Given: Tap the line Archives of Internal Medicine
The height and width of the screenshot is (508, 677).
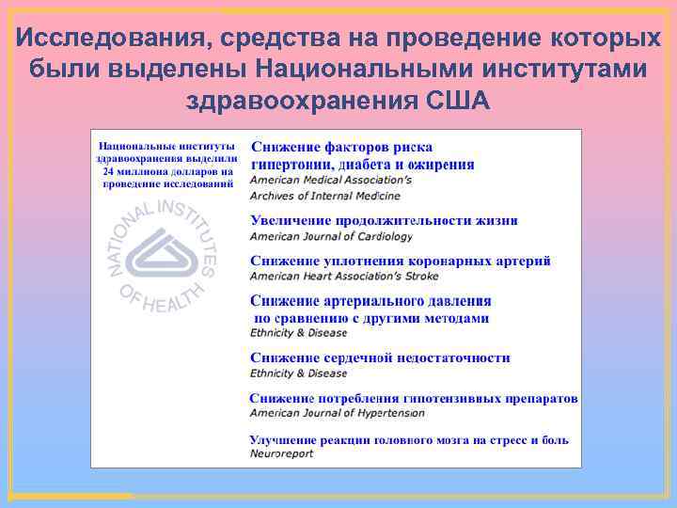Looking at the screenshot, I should pyautogui.click(x=324, y=196).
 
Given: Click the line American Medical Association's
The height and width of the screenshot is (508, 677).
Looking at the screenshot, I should pyautogui.click(x=330, y=180).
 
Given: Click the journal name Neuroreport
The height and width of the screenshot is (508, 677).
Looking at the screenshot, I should pyautogui.click(x=281, y=453).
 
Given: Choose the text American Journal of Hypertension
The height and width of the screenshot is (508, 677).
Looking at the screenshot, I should pyautogui.click(x=337, y=413).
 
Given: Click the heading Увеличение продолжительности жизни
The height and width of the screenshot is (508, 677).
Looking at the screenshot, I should pyautogui.click(x=384, y=221).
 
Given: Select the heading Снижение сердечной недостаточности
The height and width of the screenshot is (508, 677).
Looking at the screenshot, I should pyautogui.click(x=380, y=357).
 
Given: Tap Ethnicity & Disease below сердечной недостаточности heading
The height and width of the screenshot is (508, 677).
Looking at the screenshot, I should pyautogui.click(x=298, y=373).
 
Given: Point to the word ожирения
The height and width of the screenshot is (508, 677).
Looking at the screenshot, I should pyautogui.click(x=445, y=164).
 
